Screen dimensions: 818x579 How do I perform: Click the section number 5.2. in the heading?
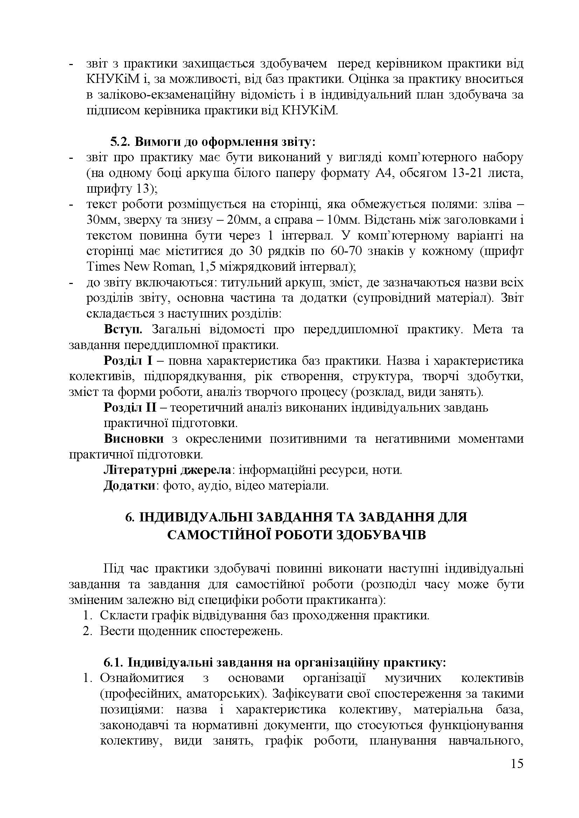[x=120, y=142]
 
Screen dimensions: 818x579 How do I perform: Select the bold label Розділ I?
[x=128, y=361]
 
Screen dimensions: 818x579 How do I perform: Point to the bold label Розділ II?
[x=130, y=407]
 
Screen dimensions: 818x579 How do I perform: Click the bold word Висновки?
[x=134, y=439]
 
